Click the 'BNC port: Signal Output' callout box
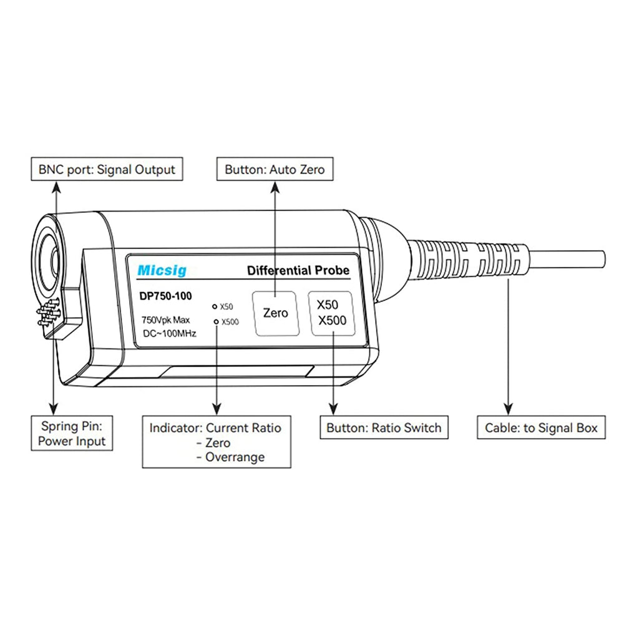[107, 169]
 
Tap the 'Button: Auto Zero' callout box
[275, 169]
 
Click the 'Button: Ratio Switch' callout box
[383, 428]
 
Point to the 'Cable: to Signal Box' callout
[541, 428]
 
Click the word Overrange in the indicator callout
[235, 457]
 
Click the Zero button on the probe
[275, 313]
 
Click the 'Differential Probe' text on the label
[298, 271]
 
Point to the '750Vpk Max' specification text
[165, 320]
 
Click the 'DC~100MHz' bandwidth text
[169, 334]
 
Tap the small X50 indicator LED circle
[215, 307]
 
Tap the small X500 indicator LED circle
[216, 321]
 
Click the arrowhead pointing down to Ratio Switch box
[334, 409]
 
